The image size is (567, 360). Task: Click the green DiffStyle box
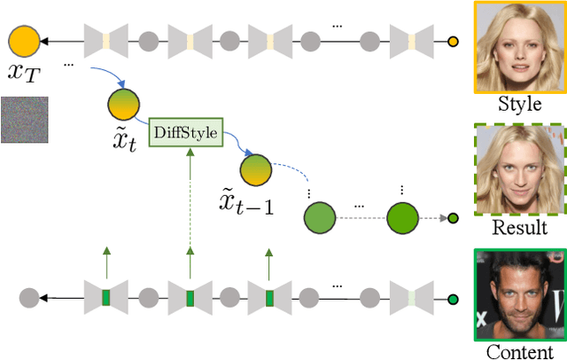coord(185,133)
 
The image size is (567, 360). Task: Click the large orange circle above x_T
coord(23,41)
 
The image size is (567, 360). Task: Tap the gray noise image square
coord(25,119)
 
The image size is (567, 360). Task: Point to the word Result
coord(520,227)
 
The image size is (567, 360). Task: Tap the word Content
coord(520,352)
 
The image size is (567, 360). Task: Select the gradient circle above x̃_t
coord(122,102)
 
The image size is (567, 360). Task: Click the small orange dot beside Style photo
coord(454,41)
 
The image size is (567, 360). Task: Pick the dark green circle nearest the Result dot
coord(401,216)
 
